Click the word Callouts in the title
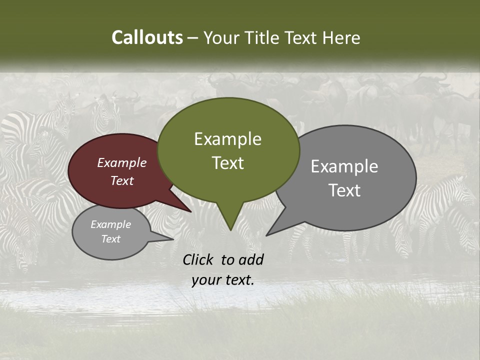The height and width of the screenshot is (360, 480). tap(147, 37)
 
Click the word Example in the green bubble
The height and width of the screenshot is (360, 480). tap(227, 139)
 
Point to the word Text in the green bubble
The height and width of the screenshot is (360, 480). tap(227, 163)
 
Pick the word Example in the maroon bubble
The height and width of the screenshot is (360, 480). tap(122, 162)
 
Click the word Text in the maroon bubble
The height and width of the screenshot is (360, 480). tap(122, 180)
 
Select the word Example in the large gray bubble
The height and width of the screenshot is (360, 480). tap(344, 166)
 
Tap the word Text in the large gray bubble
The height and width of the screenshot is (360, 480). tap(344, 190)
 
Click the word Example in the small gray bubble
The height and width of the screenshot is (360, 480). tap(111, 224)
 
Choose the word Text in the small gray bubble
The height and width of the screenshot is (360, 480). tap(111, 238)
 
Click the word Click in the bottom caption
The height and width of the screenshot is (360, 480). tap(198, 259)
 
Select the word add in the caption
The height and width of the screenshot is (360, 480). tap(251, 259)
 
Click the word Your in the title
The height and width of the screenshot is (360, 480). tap(222, 37)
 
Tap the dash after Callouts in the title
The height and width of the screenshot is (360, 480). tap(193, 38)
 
